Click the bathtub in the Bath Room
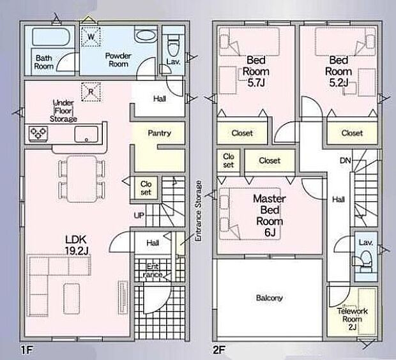click(51, 37)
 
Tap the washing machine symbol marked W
click(91, 37)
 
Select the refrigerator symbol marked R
click(91, 92)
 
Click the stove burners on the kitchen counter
click(38, 133)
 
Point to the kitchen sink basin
click(86, 134)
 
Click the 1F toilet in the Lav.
click(173, 46)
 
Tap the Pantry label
click(160, 133)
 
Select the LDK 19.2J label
click(76, 245)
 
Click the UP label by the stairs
click(139, 215)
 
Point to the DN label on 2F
click(346, 160)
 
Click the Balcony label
click(270, 298)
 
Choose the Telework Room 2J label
click(353, 319)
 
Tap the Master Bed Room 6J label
click(270, 216)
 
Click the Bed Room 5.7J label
click(256, 71)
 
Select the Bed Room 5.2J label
click(339, 71)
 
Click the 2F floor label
click(218, 350)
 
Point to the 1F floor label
click(27, 350)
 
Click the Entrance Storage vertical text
click(199, 211)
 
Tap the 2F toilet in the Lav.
click(365, 260)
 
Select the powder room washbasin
click(145, 35)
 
